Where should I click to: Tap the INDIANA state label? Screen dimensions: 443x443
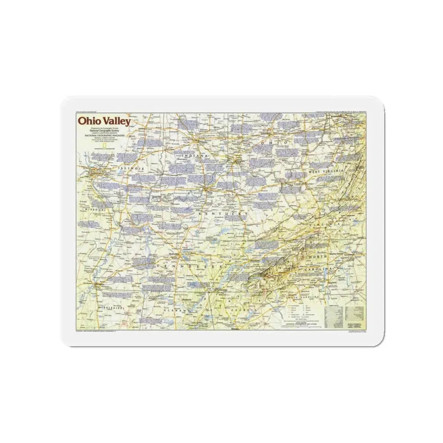pyautogui.click(x=195, y=155)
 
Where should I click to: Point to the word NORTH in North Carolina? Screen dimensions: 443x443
pyautogui.click(x=317, y=257)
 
